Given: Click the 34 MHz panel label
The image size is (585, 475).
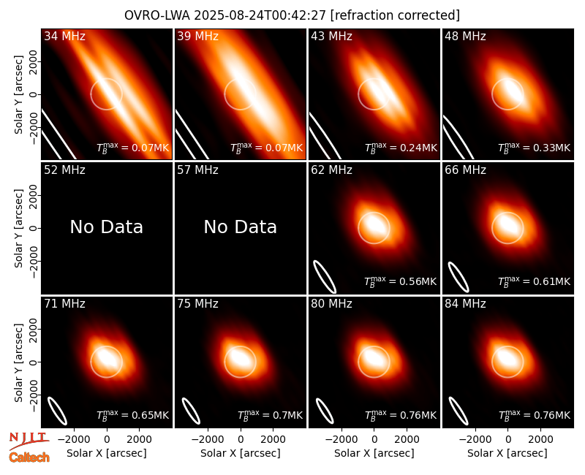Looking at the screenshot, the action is tap(64, 36).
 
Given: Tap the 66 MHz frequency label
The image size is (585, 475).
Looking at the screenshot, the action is tap(465, 170).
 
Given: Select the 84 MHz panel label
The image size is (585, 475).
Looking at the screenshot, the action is tap(465, 304).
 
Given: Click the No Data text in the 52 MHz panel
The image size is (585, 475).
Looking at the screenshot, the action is tap(106, 227).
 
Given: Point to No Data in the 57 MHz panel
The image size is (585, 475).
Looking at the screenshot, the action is tap(241, 227).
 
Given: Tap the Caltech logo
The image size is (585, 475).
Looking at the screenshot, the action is tap(29, 457).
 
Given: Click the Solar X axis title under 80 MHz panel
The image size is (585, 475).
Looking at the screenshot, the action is tap(374, 453).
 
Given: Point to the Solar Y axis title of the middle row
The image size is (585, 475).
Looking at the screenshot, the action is tap(18, 228).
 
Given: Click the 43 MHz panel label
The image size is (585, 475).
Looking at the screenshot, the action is tap(332, 36).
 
